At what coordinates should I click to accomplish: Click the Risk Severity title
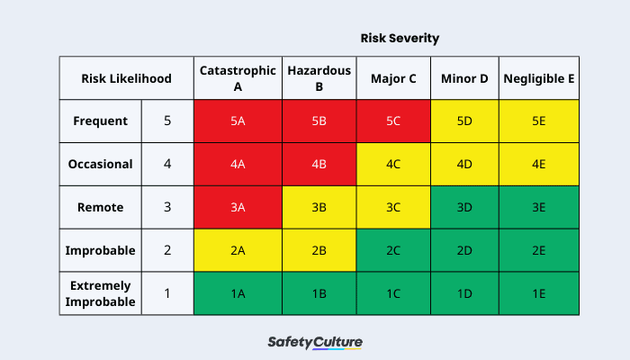[400, 39]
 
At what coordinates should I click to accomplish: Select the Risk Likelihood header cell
[126, 78]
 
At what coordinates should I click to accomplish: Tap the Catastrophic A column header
[238, 78]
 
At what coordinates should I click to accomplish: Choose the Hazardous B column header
[319, 78]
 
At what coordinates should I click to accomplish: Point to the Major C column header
[393, 78]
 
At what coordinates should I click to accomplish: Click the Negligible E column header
[538, 78]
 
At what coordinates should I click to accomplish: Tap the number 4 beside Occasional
[167, 164]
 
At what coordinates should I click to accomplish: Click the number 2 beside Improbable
[167, 250]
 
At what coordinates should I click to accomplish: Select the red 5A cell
[238, 121]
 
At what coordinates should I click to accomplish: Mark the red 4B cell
[319, 164]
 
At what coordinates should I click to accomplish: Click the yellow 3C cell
[393, 207]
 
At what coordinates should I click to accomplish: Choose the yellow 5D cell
[464, 121]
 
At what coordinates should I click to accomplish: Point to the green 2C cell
[393, 250]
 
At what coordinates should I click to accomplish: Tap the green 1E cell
[538, 293]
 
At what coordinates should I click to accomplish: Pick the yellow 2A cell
[238, 250]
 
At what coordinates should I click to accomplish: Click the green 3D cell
[464, 207]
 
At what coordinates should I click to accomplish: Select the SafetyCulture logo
[315, 343]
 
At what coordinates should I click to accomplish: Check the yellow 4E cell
[538, 164]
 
